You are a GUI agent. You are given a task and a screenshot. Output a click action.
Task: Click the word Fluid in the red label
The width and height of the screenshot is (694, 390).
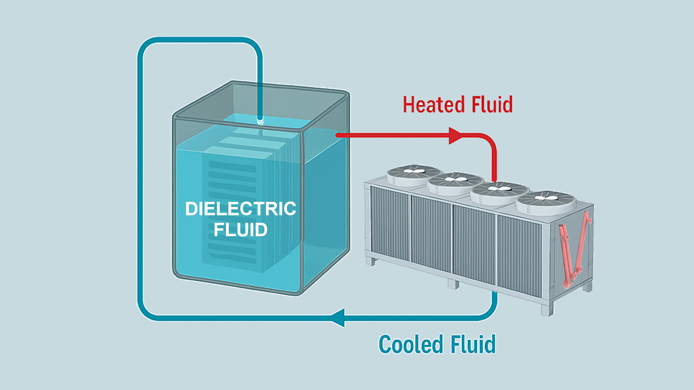492,105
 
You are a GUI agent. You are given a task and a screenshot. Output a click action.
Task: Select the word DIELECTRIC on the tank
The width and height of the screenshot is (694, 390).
240,209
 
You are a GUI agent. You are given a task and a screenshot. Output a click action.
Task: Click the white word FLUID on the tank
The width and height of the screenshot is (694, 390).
240,230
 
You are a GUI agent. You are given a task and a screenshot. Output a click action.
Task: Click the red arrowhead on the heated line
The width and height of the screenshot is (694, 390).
455,135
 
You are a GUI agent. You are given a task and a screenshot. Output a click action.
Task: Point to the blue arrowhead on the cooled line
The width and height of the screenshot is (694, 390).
338,318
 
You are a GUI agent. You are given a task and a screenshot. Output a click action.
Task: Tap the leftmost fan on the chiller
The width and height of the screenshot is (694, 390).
414,172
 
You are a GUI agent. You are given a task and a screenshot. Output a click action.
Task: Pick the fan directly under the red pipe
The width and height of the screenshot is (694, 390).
500,190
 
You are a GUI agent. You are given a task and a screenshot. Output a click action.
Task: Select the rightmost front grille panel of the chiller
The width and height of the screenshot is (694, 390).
519,255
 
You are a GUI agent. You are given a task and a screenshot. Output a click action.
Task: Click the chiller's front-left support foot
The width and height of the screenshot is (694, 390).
370,261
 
